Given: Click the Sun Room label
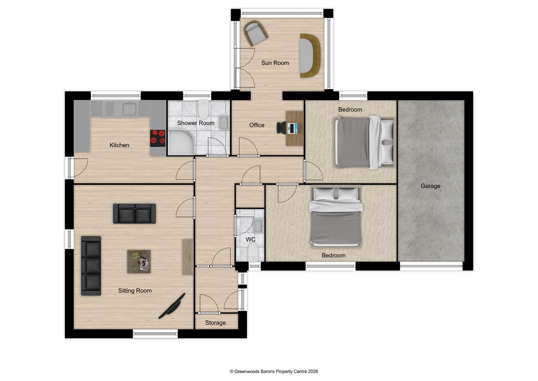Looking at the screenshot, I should point(275,63).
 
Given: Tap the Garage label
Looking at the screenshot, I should point(430,186).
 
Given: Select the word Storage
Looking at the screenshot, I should point(215,323).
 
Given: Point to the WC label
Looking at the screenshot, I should point(251,240).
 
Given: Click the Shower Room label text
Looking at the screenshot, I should point(196,123).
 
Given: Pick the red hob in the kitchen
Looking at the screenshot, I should point(157,138).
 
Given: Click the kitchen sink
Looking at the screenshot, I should point(130,109).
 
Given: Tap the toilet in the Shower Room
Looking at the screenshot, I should point(203,109).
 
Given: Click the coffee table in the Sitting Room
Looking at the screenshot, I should point(139,261).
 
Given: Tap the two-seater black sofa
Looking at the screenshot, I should point(134,213).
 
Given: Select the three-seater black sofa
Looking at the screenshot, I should point(91,266).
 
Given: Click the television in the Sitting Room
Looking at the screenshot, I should point(172,306).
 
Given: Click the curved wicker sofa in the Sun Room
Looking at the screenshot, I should point(310,55).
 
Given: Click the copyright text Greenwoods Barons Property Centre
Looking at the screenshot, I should point(274,371).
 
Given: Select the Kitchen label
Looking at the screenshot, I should point(119,145).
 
